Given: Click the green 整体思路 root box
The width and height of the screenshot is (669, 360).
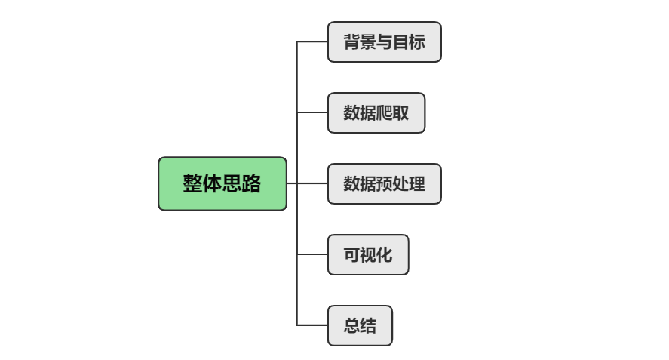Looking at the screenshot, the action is point(222,183).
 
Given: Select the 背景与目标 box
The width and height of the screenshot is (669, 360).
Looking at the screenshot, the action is point(385,42).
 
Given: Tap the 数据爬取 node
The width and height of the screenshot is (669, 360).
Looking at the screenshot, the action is point(376,112).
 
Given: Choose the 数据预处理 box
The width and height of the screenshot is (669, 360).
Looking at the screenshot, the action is point(385,183).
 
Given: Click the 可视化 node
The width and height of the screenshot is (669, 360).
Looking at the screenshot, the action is point(368,254).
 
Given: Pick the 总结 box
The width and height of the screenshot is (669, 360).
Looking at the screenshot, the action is point(360,325).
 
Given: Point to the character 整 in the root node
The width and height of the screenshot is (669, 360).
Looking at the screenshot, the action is point(192,183).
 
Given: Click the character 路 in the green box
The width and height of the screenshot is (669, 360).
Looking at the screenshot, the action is point(251,183).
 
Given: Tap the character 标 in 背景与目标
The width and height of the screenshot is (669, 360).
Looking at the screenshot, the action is point(417,42).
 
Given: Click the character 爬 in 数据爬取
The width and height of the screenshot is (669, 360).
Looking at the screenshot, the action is point(385,112).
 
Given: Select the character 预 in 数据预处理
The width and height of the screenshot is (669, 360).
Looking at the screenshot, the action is point(385,183).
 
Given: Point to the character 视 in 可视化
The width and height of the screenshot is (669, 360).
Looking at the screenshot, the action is point(368,254).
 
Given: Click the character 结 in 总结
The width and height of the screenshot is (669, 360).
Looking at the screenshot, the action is point(368,325).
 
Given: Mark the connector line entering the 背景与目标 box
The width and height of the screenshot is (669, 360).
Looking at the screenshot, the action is point(312,42).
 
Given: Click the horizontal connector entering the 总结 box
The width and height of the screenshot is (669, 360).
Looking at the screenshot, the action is point(312,325).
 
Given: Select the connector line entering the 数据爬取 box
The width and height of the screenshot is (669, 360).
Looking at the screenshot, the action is point(312,112).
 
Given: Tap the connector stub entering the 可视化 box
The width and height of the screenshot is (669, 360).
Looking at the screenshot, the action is point(312,254).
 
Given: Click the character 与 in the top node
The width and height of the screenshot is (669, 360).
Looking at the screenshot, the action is point(385,42).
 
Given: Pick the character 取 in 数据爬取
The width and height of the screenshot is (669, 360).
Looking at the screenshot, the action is point(400,112).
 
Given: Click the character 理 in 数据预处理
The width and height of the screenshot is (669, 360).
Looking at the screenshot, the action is point(417,183).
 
